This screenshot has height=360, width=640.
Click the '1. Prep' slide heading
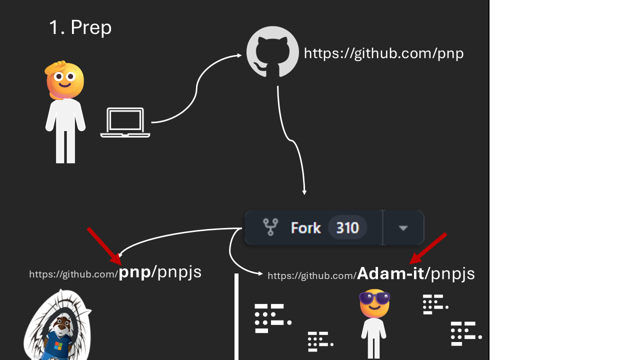[80, 27]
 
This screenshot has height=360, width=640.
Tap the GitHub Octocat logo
[272, 51]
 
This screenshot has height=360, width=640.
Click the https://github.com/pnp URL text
[383, 53]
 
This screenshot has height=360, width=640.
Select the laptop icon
[125, 122]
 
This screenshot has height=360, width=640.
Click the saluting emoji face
[64, 80]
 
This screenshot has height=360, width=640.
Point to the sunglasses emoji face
[374, 303]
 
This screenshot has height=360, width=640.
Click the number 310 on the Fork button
[347, 228]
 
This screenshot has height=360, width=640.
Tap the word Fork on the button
[305, 228]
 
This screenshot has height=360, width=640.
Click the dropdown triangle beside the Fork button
[403, 228]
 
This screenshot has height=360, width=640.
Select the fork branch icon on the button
[270, 227]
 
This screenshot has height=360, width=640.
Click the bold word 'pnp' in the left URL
[134, 272]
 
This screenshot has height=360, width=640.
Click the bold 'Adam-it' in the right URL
[390, 273]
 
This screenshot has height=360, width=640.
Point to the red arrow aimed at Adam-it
[427, 248]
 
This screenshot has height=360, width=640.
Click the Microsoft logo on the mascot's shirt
[58, 345]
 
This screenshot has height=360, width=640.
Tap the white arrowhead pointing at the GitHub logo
[239, 55]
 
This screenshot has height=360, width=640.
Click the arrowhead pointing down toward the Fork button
[304, 192]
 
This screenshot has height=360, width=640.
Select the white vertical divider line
[236, 316]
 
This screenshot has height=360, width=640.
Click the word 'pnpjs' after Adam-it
[452, 274]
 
